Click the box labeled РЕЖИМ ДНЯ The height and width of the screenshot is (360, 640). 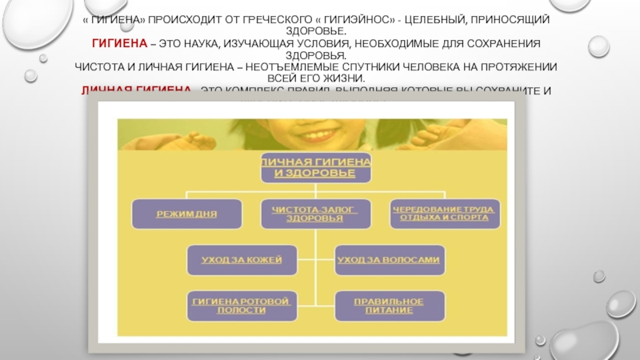tap(187, 215)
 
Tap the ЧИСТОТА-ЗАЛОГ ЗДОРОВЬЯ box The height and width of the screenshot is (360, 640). tap(310, 215)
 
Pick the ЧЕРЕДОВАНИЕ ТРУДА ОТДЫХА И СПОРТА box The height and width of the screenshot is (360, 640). tap(443, 215)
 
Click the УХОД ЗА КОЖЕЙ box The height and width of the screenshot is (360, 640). tap(241, 261)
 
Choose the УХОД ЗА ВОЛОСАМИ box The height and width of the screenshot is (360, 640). tap(388, 261)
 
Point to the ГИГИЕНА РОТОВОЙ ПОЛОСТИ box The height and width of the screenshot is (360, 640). tap(241, 305)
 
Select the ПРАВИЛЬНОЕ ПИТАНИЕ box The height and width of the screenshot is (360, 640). tap(389, 305)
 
